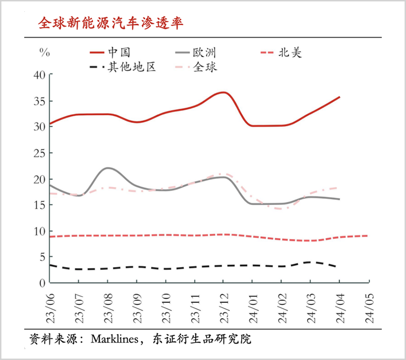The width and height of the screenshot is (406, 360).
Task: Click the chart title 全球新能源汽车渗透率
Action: point(110,23)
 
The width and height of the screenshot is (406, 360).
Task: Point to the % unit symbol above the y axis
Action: point(44,52)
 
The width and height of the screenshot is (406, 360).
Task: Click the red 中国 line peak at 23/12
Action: point(223,93)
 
